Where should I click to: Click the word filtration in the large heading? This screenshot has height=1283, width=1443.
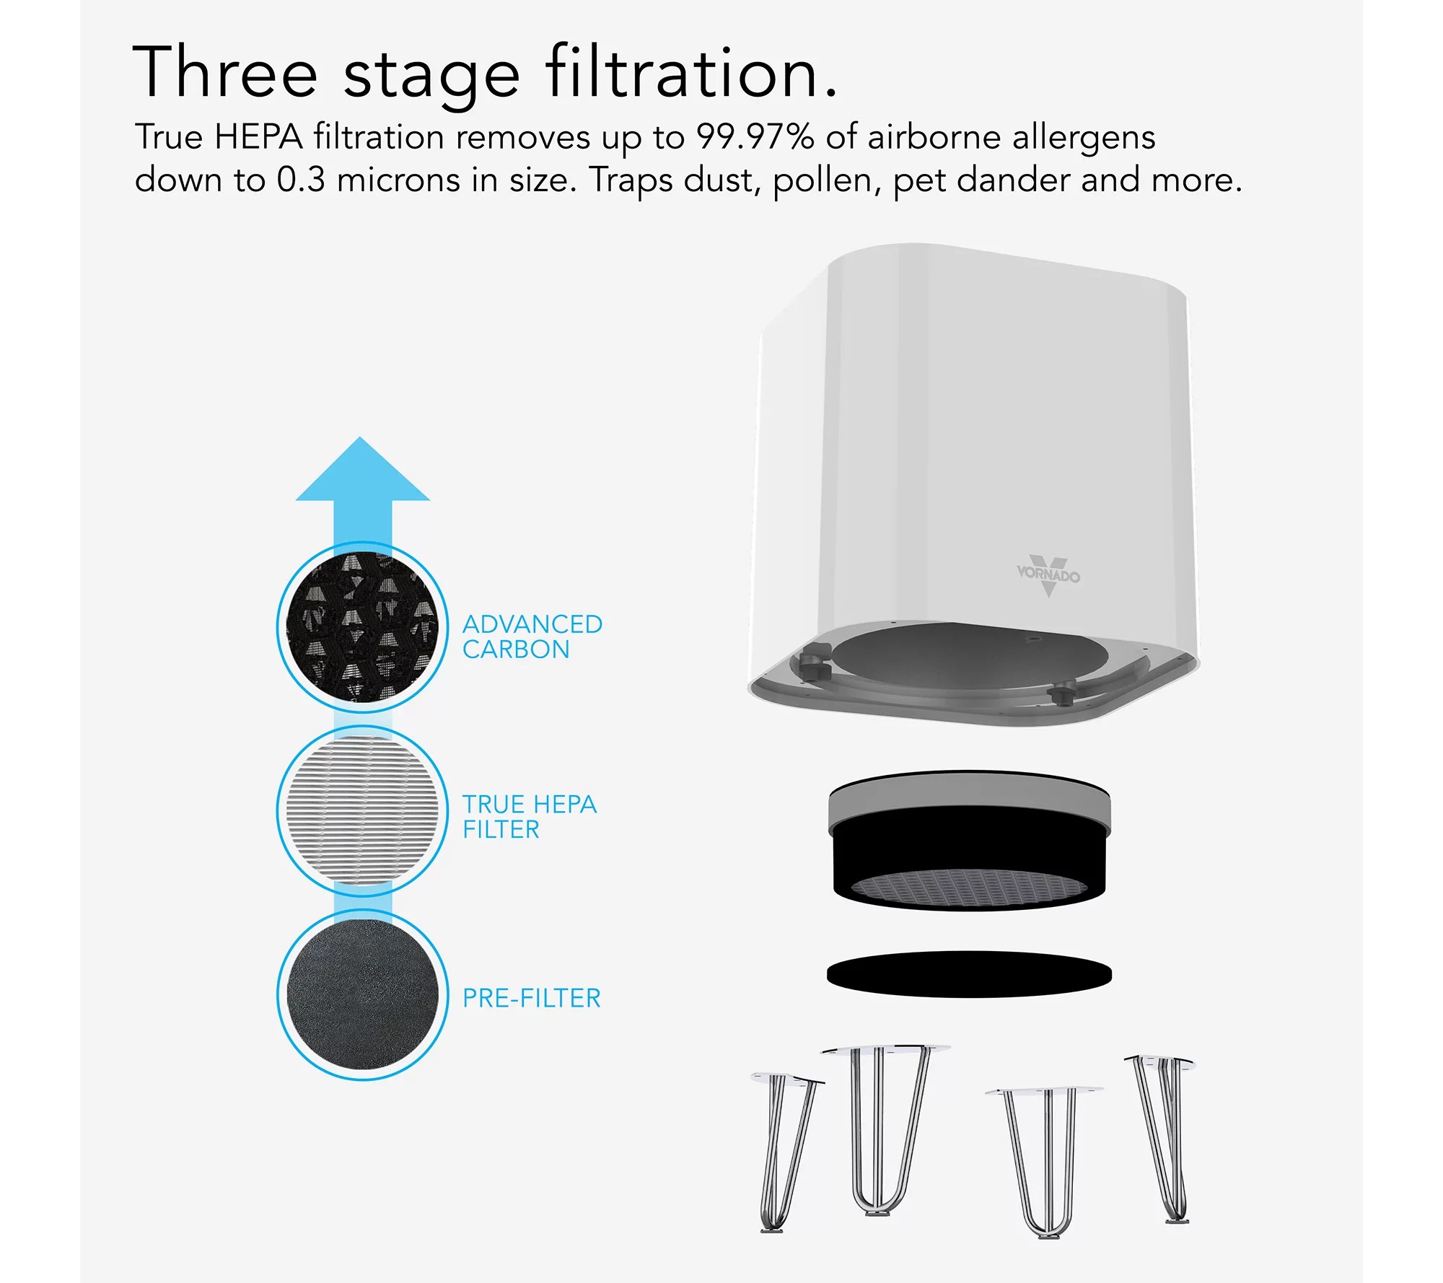tap(691, 74)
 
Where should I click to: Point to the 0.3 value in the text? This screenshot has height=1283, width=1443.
tap(300, 180)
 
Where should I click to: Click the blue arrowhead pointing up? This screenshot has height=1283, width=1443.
tap(363, 473)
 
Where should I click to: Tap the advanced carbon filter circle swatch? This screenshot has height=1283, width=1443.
tap(363, 627)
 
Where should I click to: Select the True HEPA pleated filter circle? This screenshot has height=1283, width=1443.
tap(363, 810)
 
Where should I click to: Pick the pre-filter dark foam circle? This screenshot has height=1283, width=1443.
tap(363, 994)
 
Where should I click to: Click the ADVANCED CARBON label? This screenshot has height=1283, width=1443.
tap(532, 636)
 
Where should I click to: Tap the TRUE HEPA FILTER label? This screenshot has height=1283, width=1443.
tap(529, 817)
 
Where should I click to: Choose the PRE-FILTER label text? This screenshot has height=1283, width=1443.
tap(531, 998)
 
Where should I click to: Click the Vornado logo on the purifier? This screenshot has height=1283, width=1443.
tap(1048, 575)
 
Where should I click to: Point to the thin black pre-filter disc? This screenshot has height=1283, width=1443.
tap(969, 974)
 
